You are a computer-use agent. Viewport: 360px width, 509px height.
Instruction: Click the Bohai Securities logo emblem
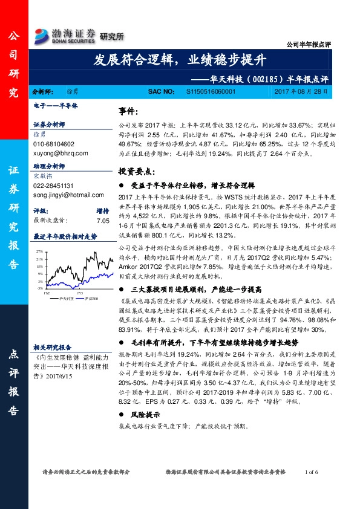pyautogui.click(x=44, y=34)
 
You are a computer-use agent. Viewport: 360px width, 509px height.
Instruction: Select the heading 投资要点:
pyautogui.click(x=136, y=172)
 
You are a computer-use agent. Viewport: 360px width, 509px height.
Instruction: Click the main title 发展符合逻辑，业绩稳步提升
pyautogui.click(x=180, y=60)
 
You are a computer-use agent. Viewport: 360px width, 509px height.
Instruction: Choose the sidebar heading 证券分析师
pyautogui.click(x=49, y=125)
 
